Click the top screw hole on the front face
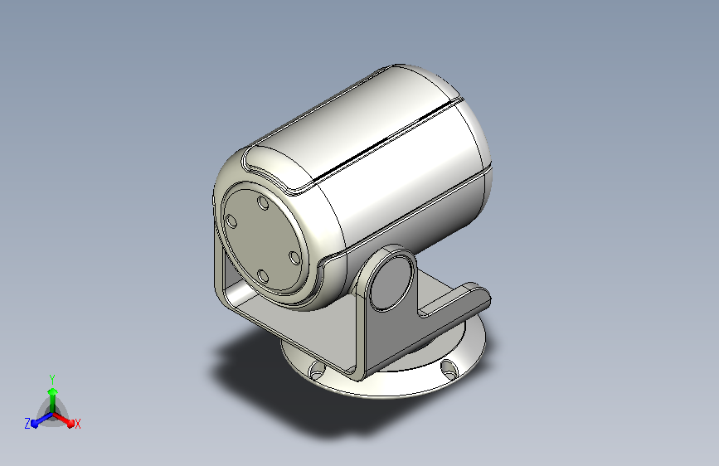point(263,202)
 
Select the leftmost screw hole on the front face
point(231,221)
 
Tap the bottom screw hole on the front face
point(263,276)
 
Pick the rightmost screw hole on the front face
point(295,257)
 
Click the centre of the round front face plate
point(263,239)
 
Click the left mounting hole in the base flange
point(317,369)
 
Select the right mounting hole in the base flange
point(449,368)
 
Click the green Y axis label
point(52,379)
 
